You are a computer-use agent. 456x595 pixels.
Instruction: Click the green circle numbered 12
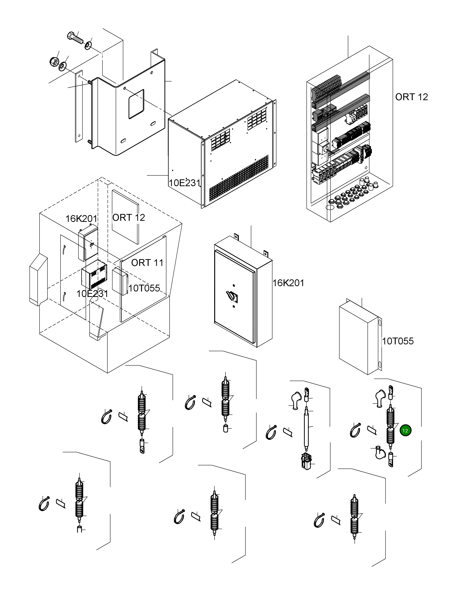[405, 431]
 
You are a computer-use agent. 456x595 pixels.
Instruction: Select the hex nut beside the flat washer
[54, 62]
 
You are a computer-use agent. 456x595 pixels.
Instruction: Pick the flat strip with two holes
[79, 106]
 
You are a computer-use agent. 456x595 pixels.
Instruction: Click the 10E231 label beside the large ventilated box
[184, 183]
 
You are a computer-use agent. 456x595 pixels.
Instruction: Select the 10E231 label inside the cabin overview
[92, 294]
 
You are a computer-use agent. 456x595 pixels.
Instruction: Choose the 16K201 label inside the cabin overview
[81, 218]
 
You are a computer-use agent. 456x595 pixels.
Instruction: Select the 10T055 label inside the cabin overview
[144, 288]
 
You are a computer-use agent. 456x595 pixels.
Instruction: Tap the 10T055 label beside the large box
[398, 341]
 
